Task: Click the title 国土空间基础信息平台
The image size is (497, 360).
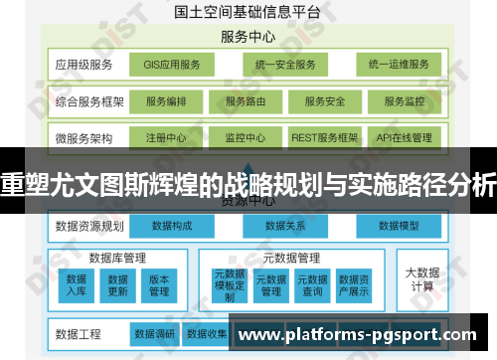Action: coord(248,13)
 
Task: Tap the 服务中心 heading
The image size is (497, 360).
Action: coord(248,37)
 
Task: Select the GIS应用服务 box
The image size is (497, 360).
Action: coord(171,65)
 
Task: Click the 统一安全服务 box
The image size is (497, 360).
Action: coord(284,65)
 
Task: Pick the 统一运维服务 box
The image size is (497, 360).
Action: coord(398,65)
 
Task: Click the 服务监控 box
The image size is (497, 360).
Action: coord(400,101)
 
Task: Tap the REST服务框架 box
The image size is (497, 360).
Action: coord(324,137)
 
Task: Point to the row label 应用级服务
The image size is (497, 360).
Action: coord(85,66)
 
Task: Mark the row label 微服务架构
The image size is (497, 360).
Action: coord(85,137)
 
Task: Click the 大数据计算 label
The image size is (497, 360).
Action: coord(420,278)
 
